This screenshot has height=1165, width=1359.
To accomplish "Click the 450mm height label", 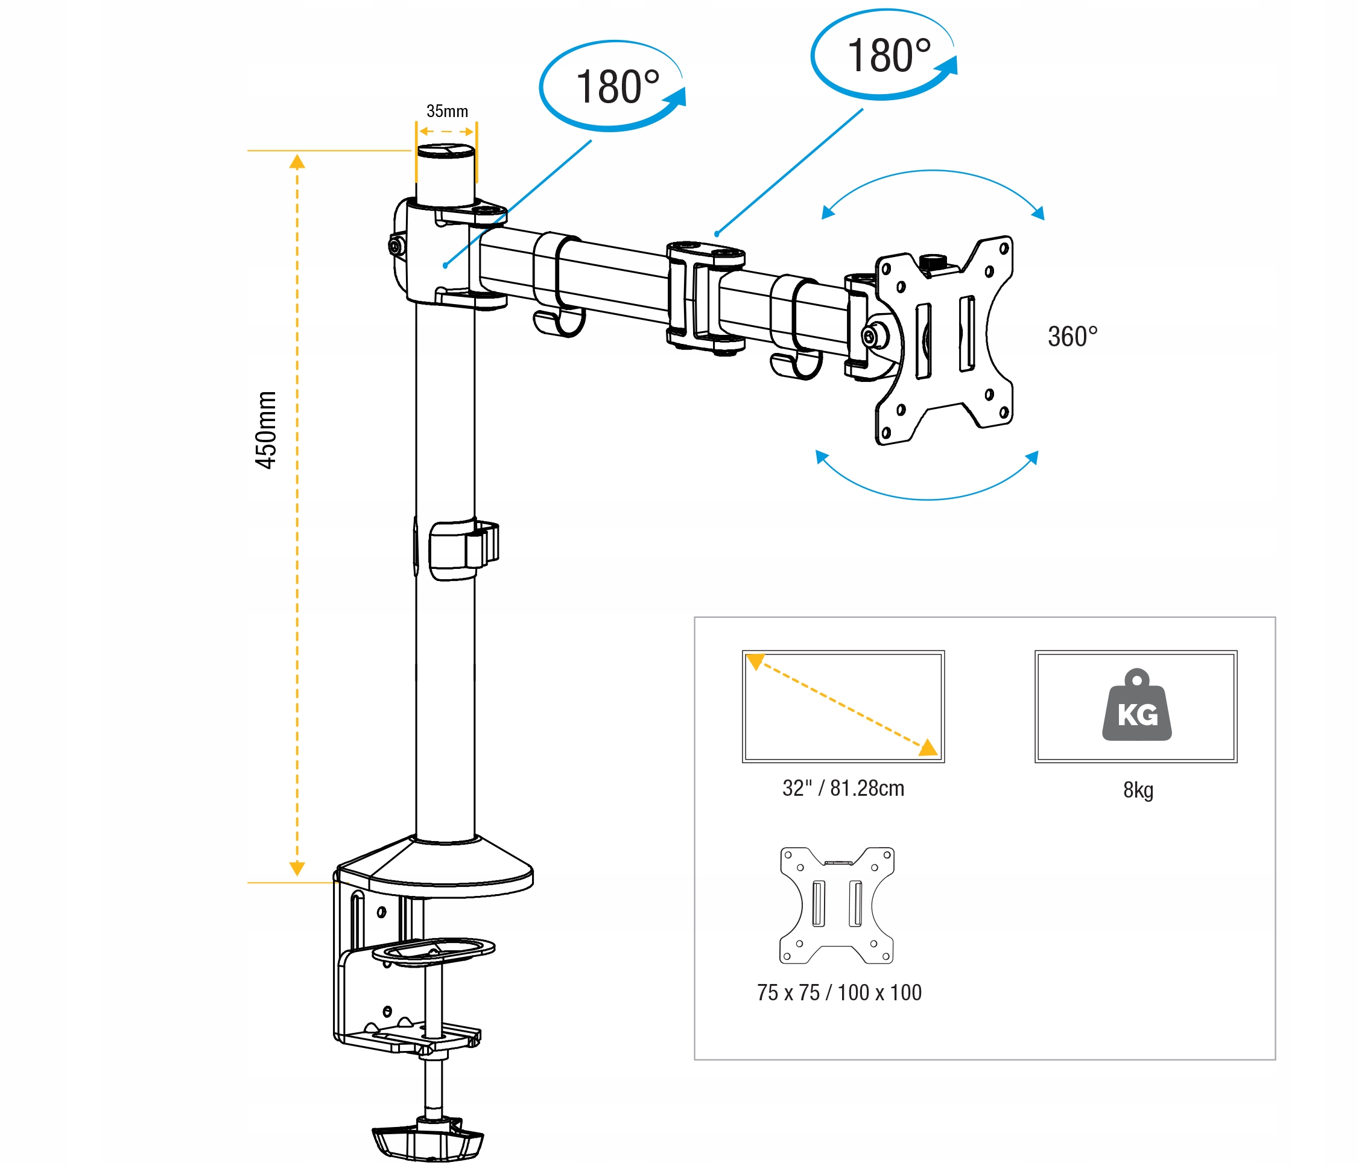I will [x=265, y=430].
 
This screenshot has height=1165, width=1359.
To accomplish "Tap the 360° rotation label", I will [x=1072, y=337].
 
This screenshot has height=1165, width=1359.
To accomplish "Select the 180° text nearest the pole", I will [x=617, y=87].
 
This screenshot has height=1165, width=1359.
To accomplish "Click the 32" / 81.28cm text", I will [x=843, y=788].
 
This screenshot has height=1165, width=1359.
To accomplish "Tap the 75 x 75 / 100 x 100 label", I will [x=839, y=992].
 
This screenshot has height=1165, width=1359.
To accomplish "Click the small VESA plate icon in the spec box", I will [x=836, y=905].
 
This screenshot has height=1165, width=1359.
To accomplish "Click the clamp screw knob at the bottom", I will [x=428, y=1142].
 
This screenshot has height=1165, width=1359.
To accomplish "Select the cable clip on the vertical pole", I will [x=459, y=550].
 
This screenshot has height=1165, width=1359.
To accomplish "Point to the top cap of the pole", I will [x=446, y=151].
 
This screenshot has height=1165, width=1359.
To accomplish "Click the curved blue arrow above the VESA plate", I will [x=932, y=173].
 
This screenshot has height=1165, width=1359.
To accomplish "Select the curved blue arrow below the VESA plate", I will [x=926, y=496].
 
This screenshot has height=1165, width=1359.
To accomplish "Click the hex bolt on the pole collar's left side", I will [x=396, y=246].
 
